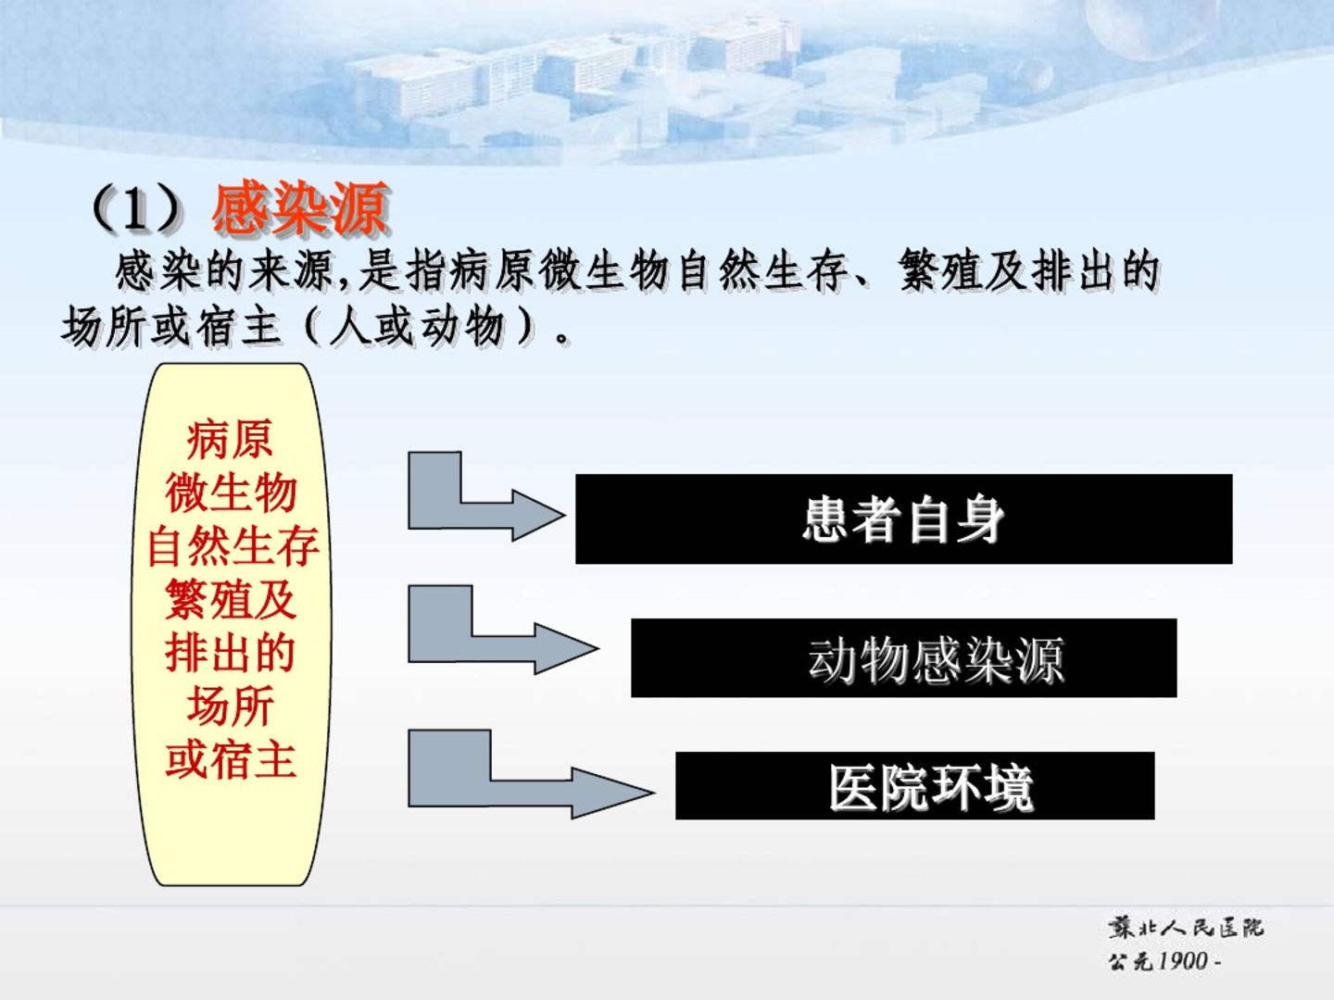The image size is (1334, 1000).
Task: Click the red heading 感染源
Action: click(300, 208)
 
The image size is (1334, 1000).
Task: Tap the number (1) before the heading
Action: click(137, 208)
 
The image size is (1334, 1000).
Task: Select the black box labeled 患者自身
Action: click(904, 519)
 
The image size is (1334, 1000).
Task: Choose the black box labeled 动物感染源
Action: click(904, 657)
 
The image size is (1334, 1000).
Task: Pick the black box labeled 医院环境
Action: click(914, 786)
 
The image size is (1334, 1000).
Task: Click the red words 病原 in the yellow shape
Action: click(230, 440)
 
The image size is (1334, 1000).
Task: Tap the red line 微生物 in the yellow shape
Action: click(231, 493)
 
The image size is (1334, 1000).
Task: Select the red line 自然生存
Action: click(233, 546)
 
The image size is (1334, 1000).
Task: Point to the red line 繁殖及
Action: click(231, 600)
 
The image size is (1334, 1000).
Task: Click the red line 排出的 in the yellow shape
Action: click(231, 654)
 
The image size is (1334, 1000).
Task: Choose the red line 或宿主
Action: click(231, 760)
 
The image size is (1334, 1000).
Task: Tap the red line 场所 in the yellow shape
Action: click(231, 706)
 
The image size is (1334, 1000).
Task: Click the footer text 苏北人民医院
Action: click(1186, 928)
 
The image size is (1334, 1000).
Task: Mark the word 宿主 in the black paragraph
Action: click(239, 328)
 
